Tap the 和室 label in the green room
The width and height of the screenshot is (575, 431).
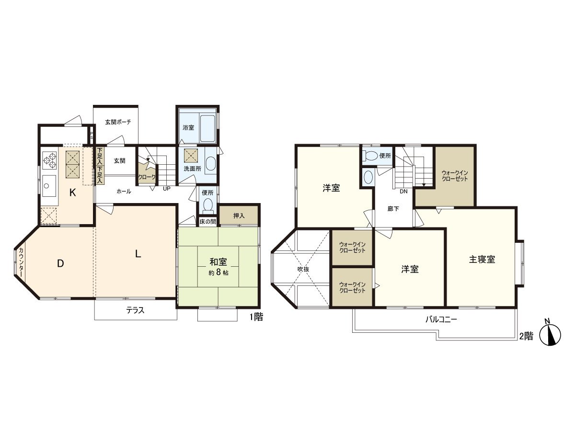click(x=218, y=262)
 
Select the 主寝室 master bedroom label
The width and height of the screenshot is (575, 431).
click(x=482, y=260)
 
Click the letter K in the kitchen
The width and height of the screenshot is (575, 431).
click(x=72, y=193)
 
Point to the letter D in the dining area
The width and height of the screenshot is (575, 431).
click(x=60, y=263)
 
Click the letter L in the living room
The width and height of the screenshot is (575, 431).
click(x=138, y=254)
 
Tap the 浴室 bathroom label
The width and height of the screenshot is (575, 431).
click(x=188, y=128)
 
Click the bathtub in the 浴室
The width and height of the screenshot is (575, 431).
click(x=206, y=128)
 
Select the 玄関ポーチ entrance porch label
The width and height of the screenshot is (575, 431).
click(x=118, y=122)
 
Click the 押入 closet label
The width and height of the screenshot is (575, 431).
click(x=239, y=216)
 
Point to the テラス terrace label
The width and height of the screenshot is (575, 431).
click(x=135, y=310)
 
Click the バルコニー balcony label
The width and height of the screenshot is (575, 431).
click(x=441, y=319)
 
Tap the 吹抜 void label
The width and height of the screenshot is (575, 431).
click(x=303, y=269)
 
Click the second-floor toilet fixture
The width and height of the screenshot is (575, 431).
click(x=370, y=156)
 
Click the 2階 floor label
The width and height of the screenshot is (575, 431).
click(x=526, y=336)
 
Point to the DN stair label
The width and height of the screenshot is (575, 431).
click(x=403, y=191)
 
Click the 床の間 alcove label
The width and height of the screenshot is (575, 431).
click(x=208, y=222)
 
